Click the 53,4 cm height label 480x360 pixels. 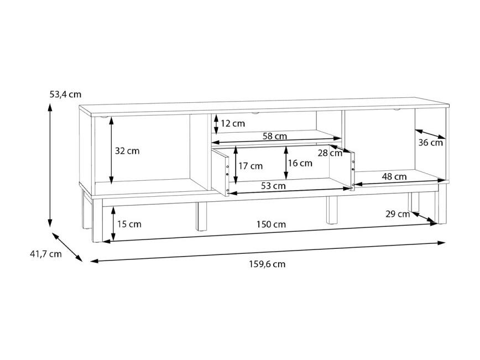pyautogui.click(x=65, y=94)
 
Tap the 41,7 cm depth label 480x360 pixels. pyautogui.click(x=45, y=254)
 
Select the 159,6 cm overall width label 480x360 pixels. pyautogui.click(x=267, y=264)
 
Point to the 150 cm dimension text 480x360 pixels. pyautogui.click(x=271, y=225)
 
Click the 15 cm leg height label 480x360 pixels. pyautogui.click(x=129, y=224)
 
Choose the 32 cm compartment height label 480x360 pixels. pyautogui.click(x=127, y=151)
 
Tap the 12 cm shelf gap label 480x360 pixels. pyautogui.click(x=233, y=124)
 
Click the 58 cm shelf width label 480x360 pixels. pyautogui.click(x=275, y=136)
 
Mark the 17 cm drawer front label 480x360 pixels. pyautogui.click(x=251, y=166)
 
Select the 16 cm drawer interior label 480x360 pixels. pyautogui.click(x=300, y=163)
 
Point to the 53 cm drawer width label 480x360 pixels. pyautogui.click(x=273, y=186)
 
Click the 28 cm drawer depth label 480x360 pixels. pyautogui.click(x=330, y=153)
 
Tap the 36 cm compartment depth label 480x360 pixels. pyautogui.click(x=430, y=143)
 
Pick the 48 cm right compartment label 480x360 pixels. pyautogui.click(x=394, y=176)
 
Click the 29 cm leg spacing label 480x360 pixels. pyautogui.click(x=398, y=214)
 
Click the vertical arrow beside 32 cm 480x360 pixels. pyautogui.click(x=111, y=150)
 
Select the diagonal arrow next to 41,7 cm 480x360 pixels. pyautogui.click(x=67, y=247)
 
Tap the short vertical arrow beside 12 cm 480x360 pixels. pyautogui.click(x=216, y=124)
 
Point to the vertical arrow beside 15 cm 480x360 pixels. pyautogui.click(x=113, y=224)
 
